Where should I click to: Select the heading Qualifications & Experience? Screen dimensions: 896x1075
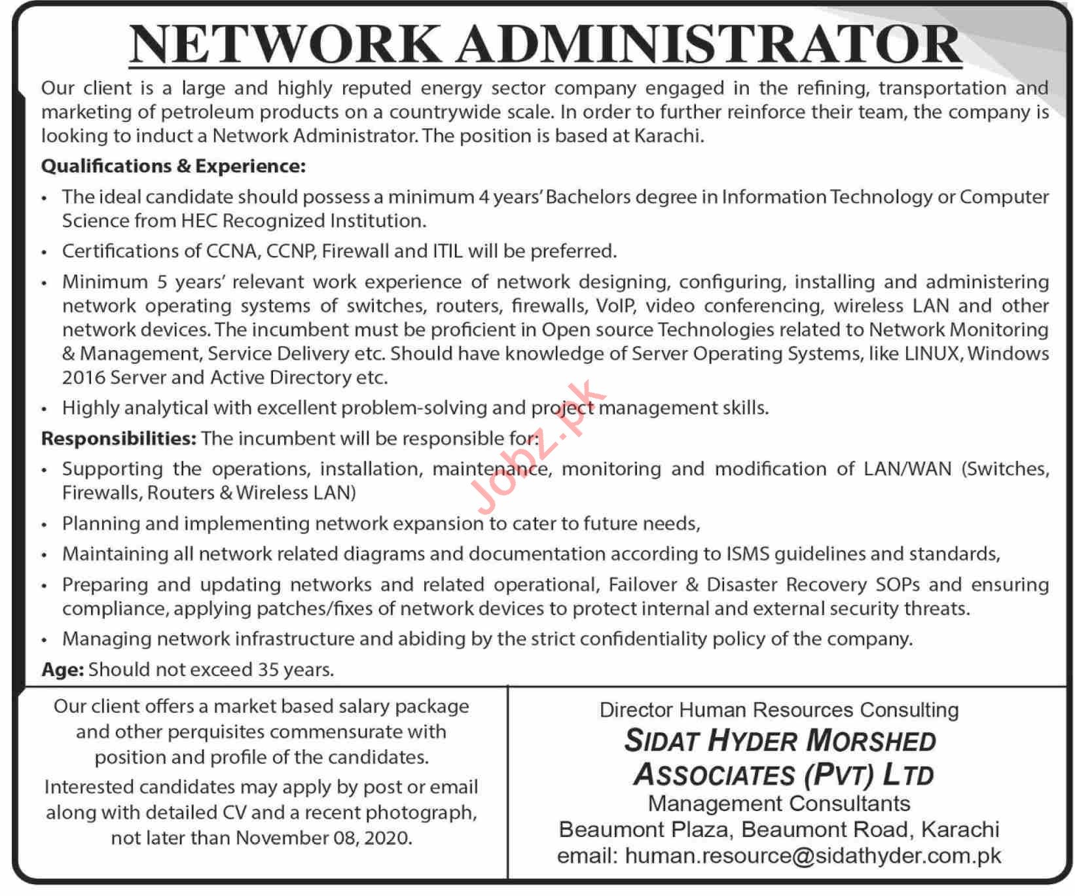coord(173,166)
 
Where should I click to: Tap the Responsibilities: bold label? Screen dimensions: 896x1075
coord(118,438)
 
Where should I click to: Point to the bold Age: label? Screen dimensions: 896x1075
coord(63,669)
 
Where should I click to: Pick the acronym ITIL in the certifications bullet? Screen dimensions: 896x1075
coord(447,251)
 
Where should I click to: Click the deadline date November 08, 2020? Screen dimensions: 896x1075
coord(324,838)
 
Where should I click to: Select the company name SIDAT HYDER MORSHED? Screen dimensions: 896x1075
coord(780,741)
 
